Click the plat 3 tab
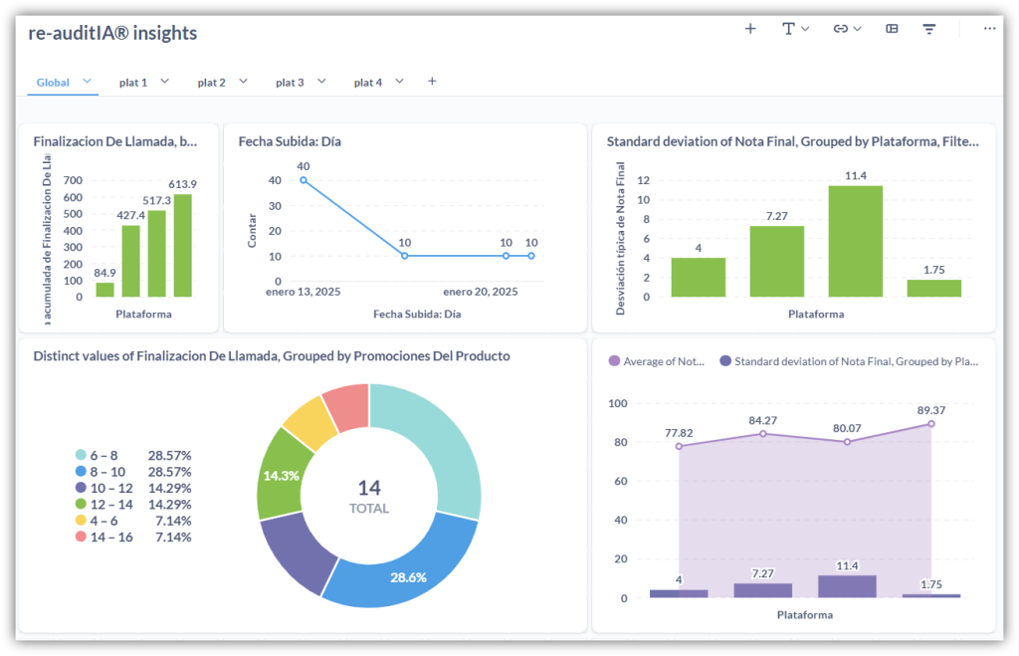tap(290, 83)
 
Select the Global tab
tap(53, 83)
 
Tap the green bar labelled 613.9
tap(183, 245)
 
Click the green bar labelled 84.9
tap(104, 290)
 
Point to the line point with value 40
tap(304, 180)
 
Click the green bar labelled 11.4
tap(856, 241)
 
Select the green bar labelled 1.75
tap(934, 288)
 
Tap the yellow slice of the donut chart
tap(309, 421)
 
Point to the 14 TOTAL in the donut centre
tap(369, 496)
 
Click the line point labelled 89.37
tap(932, 423)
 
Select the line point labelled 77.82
tap(680, 446)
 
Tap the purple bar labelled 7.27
tap(763, 590)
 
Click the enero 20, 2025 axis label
tap(481, 292)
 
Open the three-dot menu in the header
tap(989, 29)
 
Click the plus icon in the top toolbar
tap(750, 29)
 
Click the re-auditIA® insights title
tap(112, 33)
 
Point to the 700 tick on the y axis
tap(73, 180)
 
